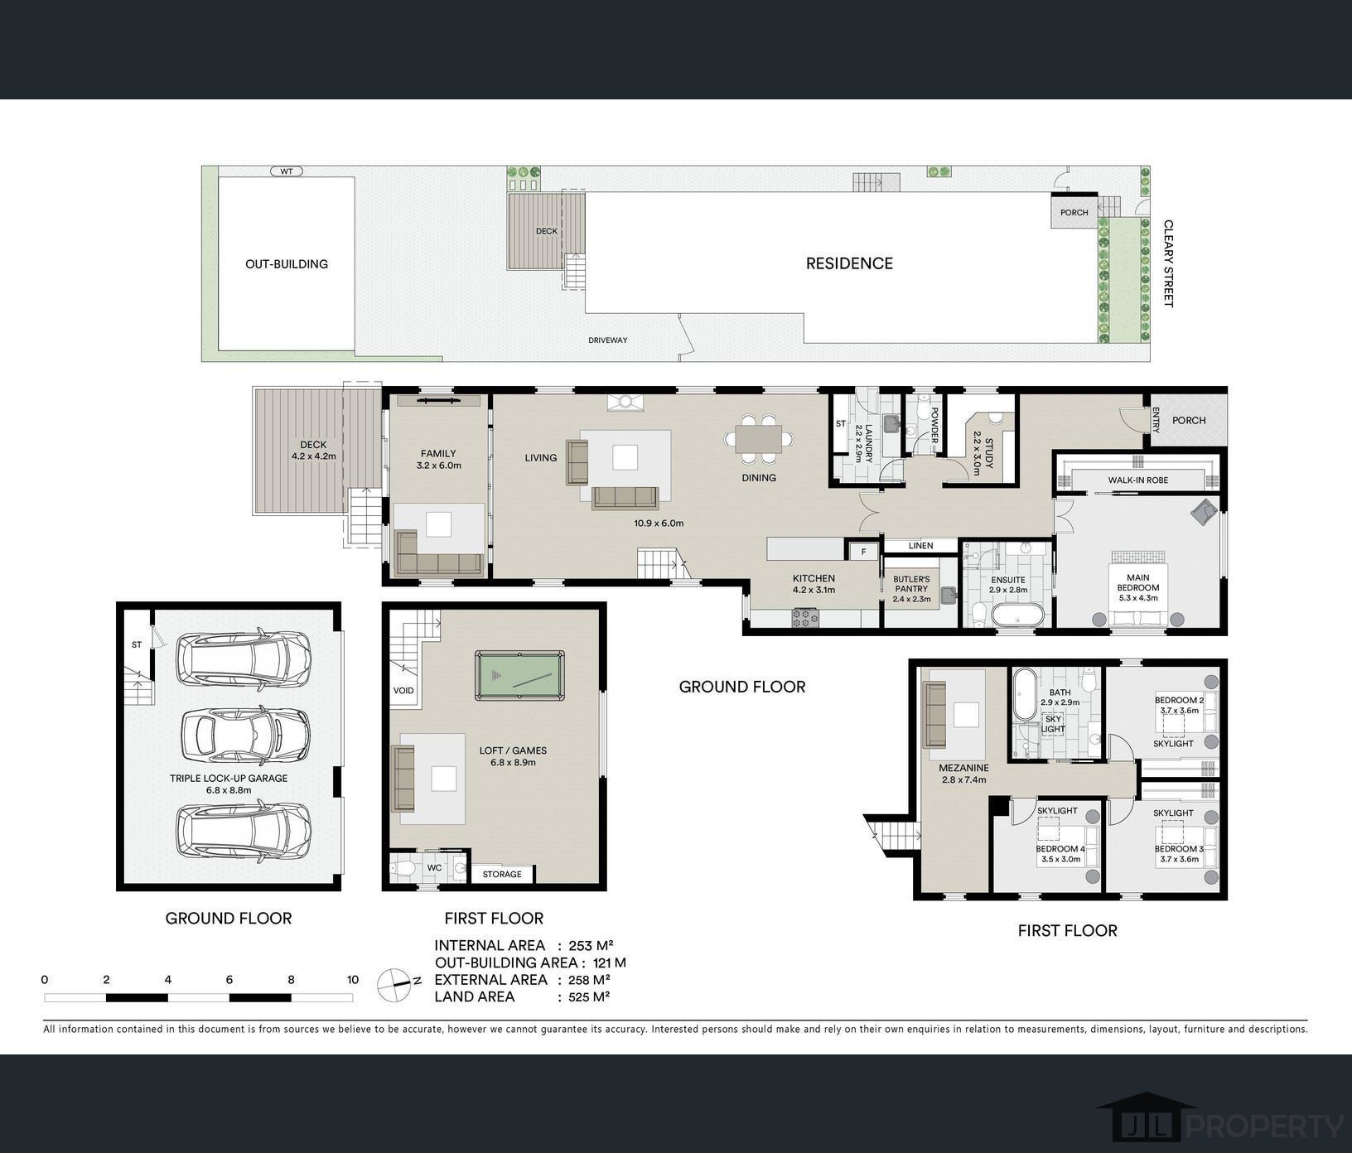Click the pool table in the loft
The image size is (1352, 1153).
[519, 676]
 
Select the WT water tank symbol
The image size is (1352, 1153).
[287, 171]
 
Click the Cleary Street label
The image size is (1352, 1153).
[1168, 263]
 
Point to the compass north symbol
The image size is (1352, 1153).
[396, 984]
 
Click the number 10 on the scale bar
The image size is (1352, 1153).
[353, 980]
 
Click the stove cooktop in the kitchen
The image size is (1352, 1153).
[805, 617]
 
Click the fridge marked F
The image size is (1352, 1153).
[863, 551]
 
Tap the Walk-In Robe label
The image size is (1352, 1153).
[1138, 480]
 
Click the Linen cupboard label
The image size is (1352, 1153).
[920, 546]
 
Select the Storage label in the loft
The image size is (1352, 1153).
[502, 874]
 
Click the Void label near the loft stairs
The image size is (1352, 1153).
[403, 690]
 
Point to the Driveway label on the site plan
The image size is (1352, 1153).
[608, 340]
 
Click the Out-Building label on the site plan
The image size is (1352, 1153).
[287, 264]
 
